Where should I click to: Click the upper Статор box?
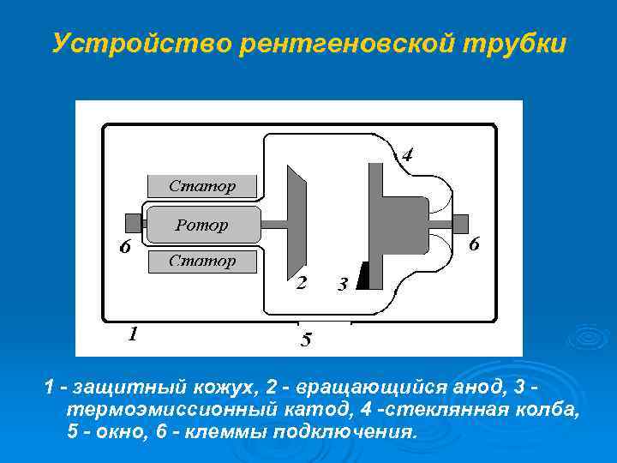coord(202,185)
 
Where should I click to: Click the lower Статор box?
coord(202,261)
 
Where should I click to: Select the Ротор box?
coord(202,225)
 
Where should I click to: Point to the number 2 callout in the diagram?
coord(301,283)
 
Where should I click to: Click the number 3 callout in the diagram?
coord(342,284)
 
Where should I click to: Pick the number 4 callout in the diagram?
coord(407,155)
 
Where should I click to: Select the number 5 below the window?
coord(306,340)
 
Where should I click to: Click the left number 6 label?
coord(124,248)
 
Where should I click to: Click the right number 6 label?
coord(473,244)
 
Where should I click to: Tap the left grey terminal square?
coord(133,224)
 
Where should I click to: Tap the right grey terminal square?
coord(460,224)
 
